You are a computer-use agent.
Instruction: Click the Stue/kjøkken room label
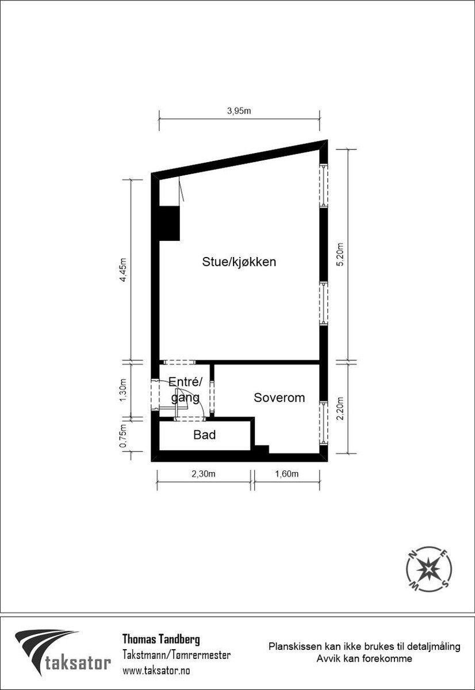click(239, 262)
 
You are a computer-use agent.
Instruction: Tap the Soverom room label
click(279, 398)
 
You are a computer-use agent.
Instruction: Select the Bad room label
click(205, 435)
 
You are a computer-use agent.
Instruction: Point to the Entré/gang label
click(186, 389)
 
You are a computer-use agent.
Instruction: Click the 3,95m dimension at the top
click(239, 111)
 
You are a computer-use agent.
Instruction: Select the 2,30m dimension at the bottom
click(204, 474)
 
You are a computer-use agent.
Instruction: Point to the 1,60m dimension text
click(286, 474)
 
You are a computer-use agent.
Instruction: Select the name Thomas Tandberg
click(161, 639)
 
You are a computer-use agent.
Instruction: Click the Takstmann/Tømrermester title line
click(177, 655)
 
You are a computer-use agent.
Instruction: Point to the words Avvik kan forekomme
click(364, 659)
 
